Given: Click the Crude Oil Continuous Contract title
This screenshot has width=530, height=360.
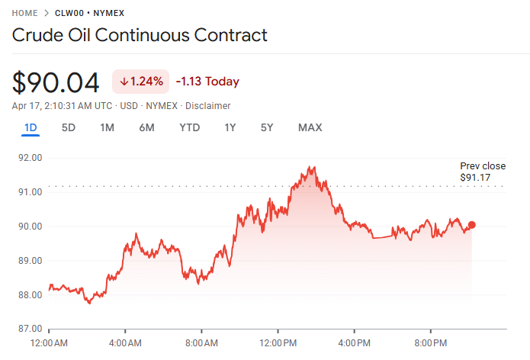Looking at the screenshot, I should tap(140, 35).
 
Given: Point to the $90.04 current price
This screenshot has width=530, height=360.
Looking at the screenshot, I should tap(56, 82).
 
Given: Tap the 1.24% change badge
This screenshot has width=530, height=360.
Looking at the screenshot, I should tap(141, 82).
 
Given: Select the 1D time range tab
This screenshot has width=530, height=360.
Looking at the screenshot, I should tap(31, 127).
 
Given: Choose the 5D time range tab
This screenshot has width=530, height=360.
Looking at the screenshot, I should tap(69, 127).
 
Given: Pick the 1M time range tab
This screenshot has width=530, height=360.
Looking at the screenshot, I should tap(107, 127).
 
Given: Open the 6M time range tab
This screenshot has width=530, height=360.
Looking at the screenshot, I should tap(146, 127).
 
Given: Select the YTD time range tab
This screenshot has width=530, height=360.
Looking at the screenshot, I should tap(189, 127).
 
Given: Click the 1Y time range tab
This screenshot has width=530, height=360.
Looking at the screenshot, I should tap(230, 127).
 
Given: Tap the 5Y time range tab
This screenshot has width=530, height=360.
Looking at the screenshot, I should tap(266, 127).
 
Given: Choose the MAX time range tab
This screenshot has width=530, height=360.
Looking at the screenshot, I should tap(310, 127).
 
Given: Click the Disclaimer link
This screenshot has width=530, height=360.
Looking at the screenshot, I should tap(207, 106).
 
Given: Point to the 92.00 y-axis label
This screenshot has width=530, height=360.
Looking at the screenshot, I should tap(29, 158).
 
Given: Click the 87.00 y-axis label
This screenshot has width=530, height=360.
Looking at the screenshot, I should tap(29, 329).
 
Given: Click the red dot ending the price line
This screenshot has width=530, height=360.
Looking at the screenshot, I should tap(472, 225).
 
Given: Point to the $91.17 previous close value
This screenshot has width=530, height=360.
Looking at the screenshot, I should tap(475, 178).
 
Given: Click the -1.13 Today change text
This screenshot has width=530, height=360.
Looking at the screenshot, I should tap(207, 82).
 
